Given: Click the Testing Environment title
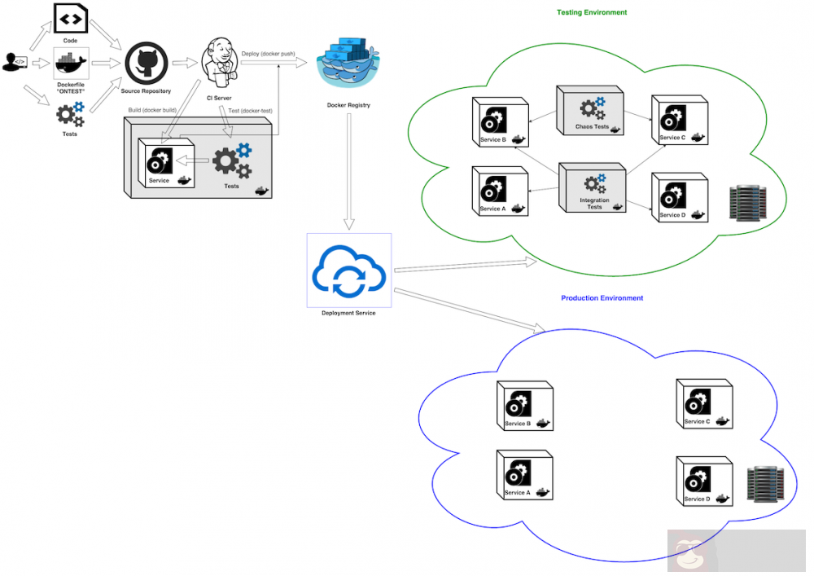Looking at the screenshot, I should coord(592,12).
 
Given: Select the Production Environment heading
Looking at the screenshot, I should coord(602,298).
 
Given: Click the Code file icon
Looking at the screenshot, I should coord(71,17).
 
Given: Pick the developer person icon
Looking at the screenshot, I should coord(15,62).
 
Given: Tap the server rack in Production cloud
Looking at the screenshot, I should coord(766,483).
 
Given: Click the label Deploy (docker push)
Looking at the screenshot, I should coord(268,54).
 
